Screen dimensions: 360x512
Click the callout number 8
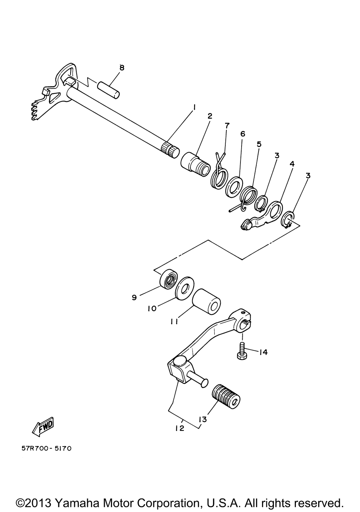point(122,68)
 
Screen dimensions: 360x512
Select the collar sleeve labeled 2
point(196,165)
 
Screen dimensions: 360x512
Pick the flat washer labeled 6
point(233,185)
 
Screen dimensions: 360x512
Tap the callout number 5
point(259,144)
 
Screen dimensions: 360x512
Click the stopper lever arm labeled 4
point(262,214)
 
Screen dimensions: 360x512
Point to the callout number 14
point(263,352)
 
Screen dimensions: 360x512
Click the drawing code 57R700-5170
point(46,448)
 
